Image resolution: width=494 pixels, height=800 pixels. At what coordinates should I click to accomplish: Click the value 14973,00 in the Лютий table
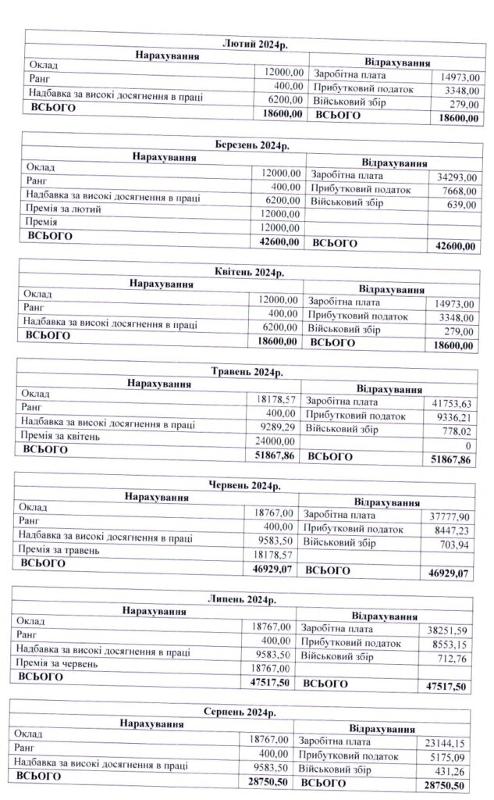click(460, 77)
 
